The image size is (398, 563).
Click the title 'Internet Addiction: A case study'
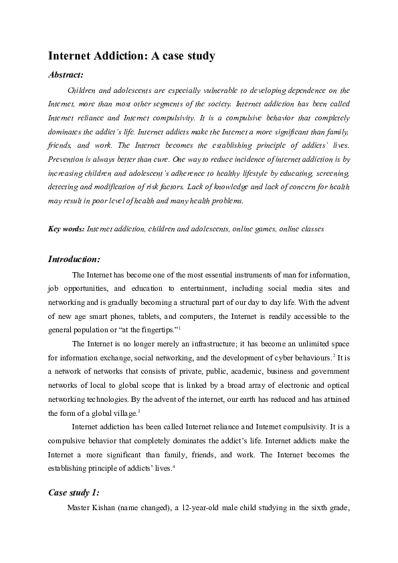click(131, 56)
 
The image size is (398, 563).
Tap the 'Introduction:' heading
click(74, 259)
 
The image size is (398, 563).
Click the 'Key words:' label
click(66, 229)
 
